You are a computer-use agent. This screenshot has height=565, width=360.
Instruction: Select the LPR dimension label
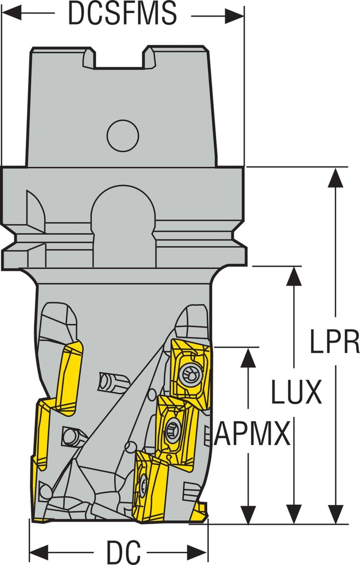pyautogui.click(x=334, y=342)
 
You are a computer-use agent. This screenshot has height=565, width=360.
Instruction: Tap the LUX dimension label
pyautogui.click(x=295, y=392)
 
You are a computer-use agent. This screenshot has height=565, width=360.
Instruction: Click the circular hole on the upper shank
pyautogui.click(x=122, y=135)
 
